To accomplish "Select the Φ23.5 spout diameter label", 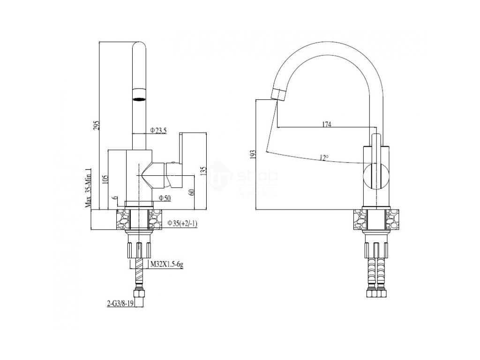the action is tap(158, 130).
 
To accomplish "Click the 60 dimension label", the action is tap(192, 192).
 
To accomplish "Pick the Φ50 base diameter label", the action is tap(164, 198).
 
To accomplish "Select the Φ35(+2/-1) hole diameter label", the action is tap(182, 223).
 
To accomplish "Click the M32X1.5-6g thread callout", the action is tap(166, 264).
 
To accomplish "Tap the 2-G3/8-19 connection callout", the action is tap(120, 303).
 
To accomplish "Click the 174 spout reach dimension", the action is tap(326, 124).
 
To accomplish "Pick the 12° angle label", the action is tap(323, 158).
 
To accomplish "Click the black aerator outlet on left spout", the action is tap(139, 98).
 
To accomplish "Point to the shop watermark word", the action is tap(258, 177).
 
